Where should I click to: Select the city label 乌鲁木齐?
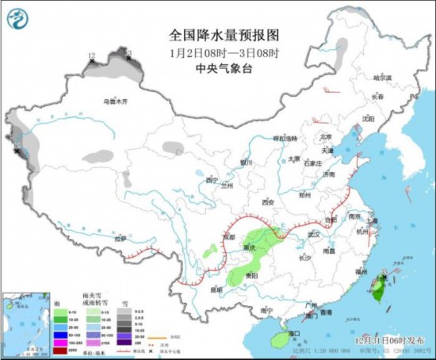point(115,102)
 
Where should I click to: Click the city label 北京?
point(319,139)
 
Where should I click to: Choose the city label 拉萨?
point(119,238)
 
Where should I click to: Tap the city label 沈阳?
point(367,119)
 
